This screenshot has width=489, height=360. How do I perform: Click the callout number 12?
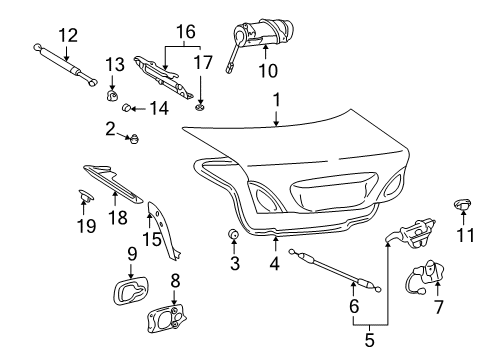[68, 35]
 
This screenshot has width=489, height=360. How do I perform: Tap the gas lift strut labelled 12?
[66, 65]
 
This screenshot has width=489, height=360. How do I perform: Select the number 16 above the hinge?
[186, 32]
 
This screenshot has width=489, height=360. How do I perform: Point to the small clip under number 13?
[112, 96]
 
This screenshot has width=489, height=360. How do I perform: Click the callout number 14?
[159, 108]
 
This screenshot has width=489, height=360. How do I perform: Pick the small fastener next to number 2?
[134, 138]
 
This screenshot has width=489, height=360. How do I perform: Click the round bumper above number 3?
[234, 234]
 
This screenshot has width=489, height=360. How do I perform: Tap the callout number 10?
[268, 71]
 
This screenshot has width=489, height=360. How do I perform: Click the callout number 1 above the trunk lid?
[276, 100]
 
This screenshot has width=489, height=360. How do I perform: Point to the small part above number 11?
[463, 204]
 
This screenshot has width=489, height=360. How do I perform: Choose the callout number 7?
[438, 307]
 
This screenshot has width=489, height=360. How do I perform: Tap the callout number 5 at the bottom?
[369, 340]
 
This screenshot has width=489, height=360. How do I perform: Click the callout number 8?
[175, 281]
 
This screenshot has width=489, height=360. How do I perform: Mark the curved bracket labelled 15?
[163, 230]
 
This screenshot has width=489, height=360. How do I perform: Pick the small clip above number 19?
[86, 195]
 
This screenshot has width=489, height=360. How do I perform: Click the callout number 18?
[118, 218]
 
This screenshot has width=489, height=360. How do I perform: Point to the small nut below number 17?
[200, 107]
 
